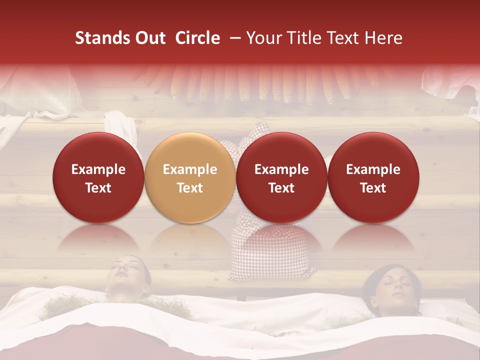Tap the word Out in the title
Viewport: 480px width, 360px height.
(149, 38)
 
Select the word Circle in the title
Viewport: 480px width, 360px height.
(197, 38)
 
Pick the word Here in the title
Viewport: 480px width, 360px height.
(382, 38)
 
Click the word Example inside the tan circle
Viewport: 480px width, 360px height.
(190, 169)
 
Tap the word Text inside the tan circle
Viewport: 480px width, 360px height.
(190, 188)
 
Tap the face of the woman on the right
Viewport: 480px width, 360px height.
(393, 290)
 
